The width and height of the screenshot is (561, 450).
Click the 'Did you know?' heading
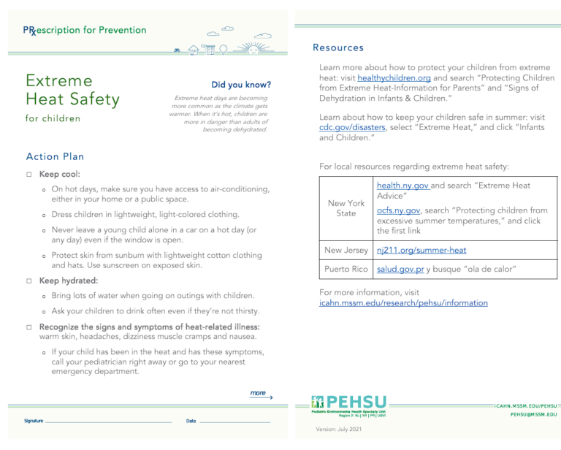click(x=240, y=85)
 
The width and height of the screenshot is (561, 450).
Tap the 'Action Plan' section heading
click(x=54, y=156)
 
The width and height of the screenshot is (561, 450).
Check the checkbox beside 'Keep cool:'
click(x=27, y=175)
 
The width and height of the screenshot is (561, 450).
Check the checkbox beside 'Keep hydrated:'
click(x=27, y=281)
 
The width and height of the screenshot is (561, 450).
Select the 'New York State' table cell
click(x=346, y=207)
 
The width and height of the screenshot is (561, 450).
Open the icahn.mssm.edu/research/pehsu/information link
click(x=404, y=302)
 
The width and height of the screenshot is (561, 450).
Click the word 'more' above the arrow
click(x=257, y=393)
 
